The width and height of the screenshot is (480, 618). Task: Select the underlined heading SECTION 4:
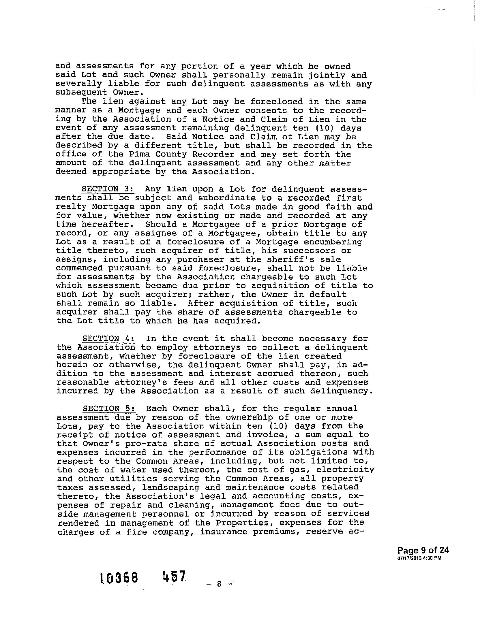109,339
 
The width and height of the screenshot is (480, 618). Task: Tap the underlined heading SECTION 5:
109,408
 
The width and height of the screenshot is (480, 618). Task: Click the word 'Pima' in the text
140,154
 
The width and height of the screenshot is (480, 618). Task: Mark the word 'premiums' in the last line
274,532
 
